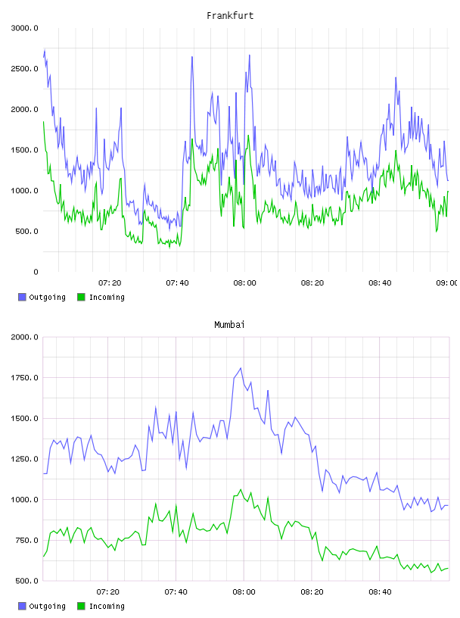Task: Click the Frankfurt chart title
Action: point(230,16)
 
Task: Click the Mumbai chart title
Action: point(229,325)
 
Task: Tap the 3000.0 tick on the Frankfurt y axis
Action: point(25,28)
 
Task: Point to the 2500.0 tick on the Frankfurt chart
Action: point(25,69)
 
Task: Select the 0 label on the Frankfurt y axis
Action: point(36,272)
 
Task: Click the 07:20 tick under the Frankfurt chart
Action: point(110,282)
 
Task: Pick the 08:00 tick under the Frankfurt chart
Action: point(244,282)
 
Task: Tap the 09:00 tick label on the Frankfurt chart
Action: point(446,282)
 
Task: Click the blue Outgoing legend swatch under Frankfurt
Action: point(22,297)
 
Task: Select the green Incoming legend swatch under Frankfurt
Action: point(81,297)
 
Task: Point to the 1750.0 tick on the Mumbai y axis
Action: point(25,378)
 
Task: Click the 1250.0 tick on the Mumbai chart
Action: point(25,459)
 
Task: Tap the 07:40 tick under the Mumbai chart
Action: point(176,591)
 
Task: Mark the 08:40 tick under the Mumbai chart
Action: point(380,591)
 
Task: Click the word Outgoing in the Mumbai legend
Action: point(47,606)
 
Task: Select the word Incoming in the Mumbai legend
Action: point(107,606)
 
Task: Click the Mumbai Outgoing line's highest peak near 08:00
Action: point(241,368)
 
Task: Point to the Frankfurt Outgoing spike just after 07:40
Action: point(192,57)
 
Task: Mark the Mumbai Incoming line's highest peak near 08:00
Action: point(241,490)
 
